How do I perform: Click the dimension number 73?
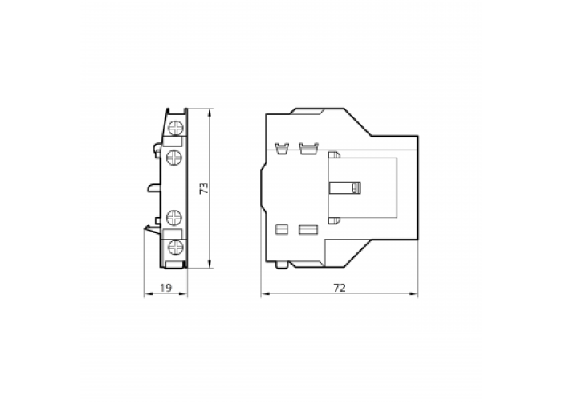204,188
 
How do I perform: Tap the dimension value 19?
165,288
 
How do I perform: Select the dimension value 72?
340,288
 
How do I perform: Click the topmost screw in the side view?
175,128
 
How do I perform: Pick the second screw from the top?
174,158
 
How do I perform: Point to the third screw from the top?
174,218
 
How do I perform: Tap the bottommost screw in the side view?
175,247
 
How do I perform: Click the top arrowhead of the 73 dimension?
210,112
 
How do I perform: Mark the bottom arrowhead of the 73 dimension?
210,264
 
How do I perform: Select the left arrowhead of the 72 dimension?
265,294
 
